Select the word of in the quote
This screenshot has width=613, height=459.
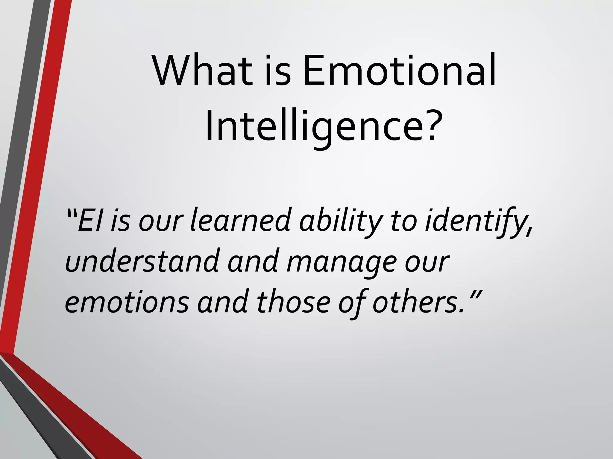click(x=353, y=303)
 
